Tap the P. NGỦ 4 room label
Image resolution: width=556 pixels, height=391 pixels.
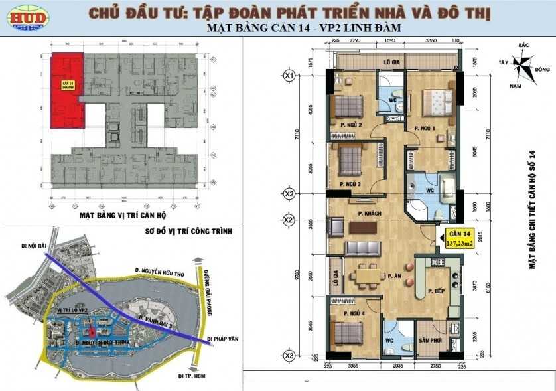354,312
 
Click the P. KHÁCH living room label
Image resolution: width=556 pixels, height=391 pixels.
368,213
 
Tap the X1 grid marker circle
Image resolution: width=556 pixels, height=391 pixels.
289,76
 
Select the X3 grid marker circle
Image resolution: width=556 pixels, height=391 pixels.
289,356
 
